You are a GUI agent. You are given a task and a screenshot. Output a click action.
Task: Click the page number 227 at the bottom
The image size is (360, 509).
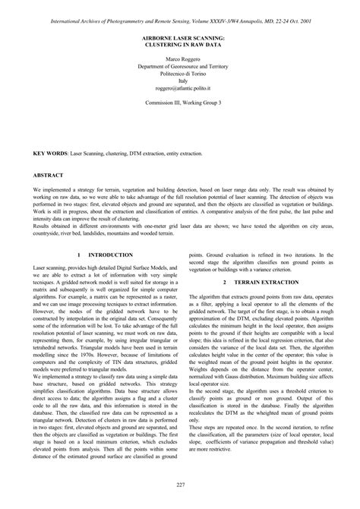pos(180,485)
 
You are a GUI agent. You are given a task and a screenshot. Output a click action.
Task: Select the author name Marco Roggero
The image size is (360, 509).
pos(180,58)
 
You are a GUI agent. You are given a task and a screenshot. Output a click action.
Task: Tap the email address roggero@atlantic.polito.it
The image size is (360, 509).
pos(180,88)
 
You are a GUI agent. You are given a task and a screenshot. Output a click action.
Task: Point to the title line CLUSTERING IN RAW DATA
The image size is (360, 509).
pos(180,44)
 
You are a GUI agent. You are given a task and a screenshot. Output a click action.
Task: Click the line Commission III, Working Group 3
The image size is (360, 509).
pos(180,103)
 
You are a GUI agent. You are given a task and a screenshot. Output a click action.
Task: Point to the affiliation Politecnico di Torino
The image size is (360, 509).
pos(180,74)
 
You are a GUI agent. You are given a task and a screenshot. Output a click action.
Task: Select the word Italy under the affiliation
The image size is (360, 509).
pos(180,81)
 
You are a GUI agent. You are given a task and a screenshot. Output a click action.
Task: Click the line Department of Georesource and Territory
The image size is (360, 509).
pos(180,66)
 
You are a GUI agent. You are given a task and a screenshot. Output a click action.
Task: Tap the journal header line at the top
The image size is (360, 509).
pos(180,11)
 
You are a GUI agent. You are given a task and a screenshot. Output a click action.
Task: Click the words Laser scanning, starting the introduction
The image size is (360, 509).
pos(52,269)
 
